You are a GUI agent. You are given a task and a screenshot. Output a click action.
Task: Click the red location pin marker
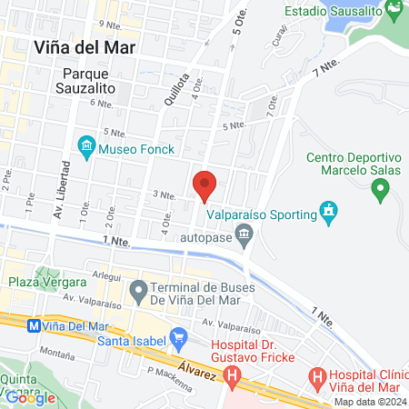[204, 185]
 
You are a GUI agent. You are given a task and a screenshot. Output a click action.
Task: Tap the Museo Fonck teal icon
[86, 145]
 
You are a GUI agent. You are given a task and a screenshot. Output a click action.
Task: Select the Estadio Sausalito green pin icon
[394, 12]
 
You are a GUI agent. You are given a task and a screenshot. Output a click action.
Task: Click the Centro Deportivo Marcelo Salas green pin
[381, 191]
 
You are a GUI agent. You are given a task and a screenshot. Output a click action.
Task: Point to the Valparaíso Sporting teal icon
[328, 214]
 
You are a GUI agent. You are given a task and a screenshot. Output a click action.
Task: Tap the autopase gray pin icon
[244, 238]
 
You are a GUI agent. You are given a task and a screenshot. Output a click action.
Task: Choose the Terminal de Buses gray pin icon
[138, 292]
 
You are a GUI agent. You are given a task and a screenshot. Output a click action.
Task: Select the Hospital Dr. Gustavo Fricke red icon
[233, 374]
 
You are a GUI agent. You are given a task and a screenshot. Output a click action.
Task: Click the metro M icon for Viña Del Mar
[34, 324]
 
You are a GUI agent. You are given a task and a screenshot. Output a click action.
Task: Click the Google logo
[30, 397]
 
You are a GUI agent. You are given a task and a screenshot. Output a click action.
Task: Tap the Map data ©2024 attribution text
[369, 402]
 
